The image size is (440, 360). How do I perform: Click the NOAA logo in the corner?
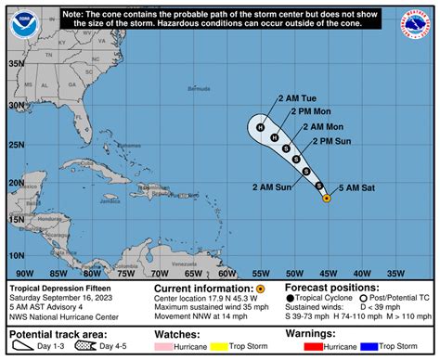[x=21, y=21]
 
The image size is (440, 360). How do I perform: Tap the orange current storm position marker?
[x=326, y=197]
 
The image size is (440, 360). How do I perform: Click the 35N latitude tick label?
[x=17, y=64]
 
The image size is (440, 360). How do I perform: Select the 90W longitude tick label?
[x=25, y=274]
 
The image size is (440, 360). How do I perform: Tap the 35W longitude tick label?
[x=395, y=274]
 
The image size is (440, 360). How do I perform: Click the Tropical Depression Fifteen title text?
[x=52, y=289]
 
